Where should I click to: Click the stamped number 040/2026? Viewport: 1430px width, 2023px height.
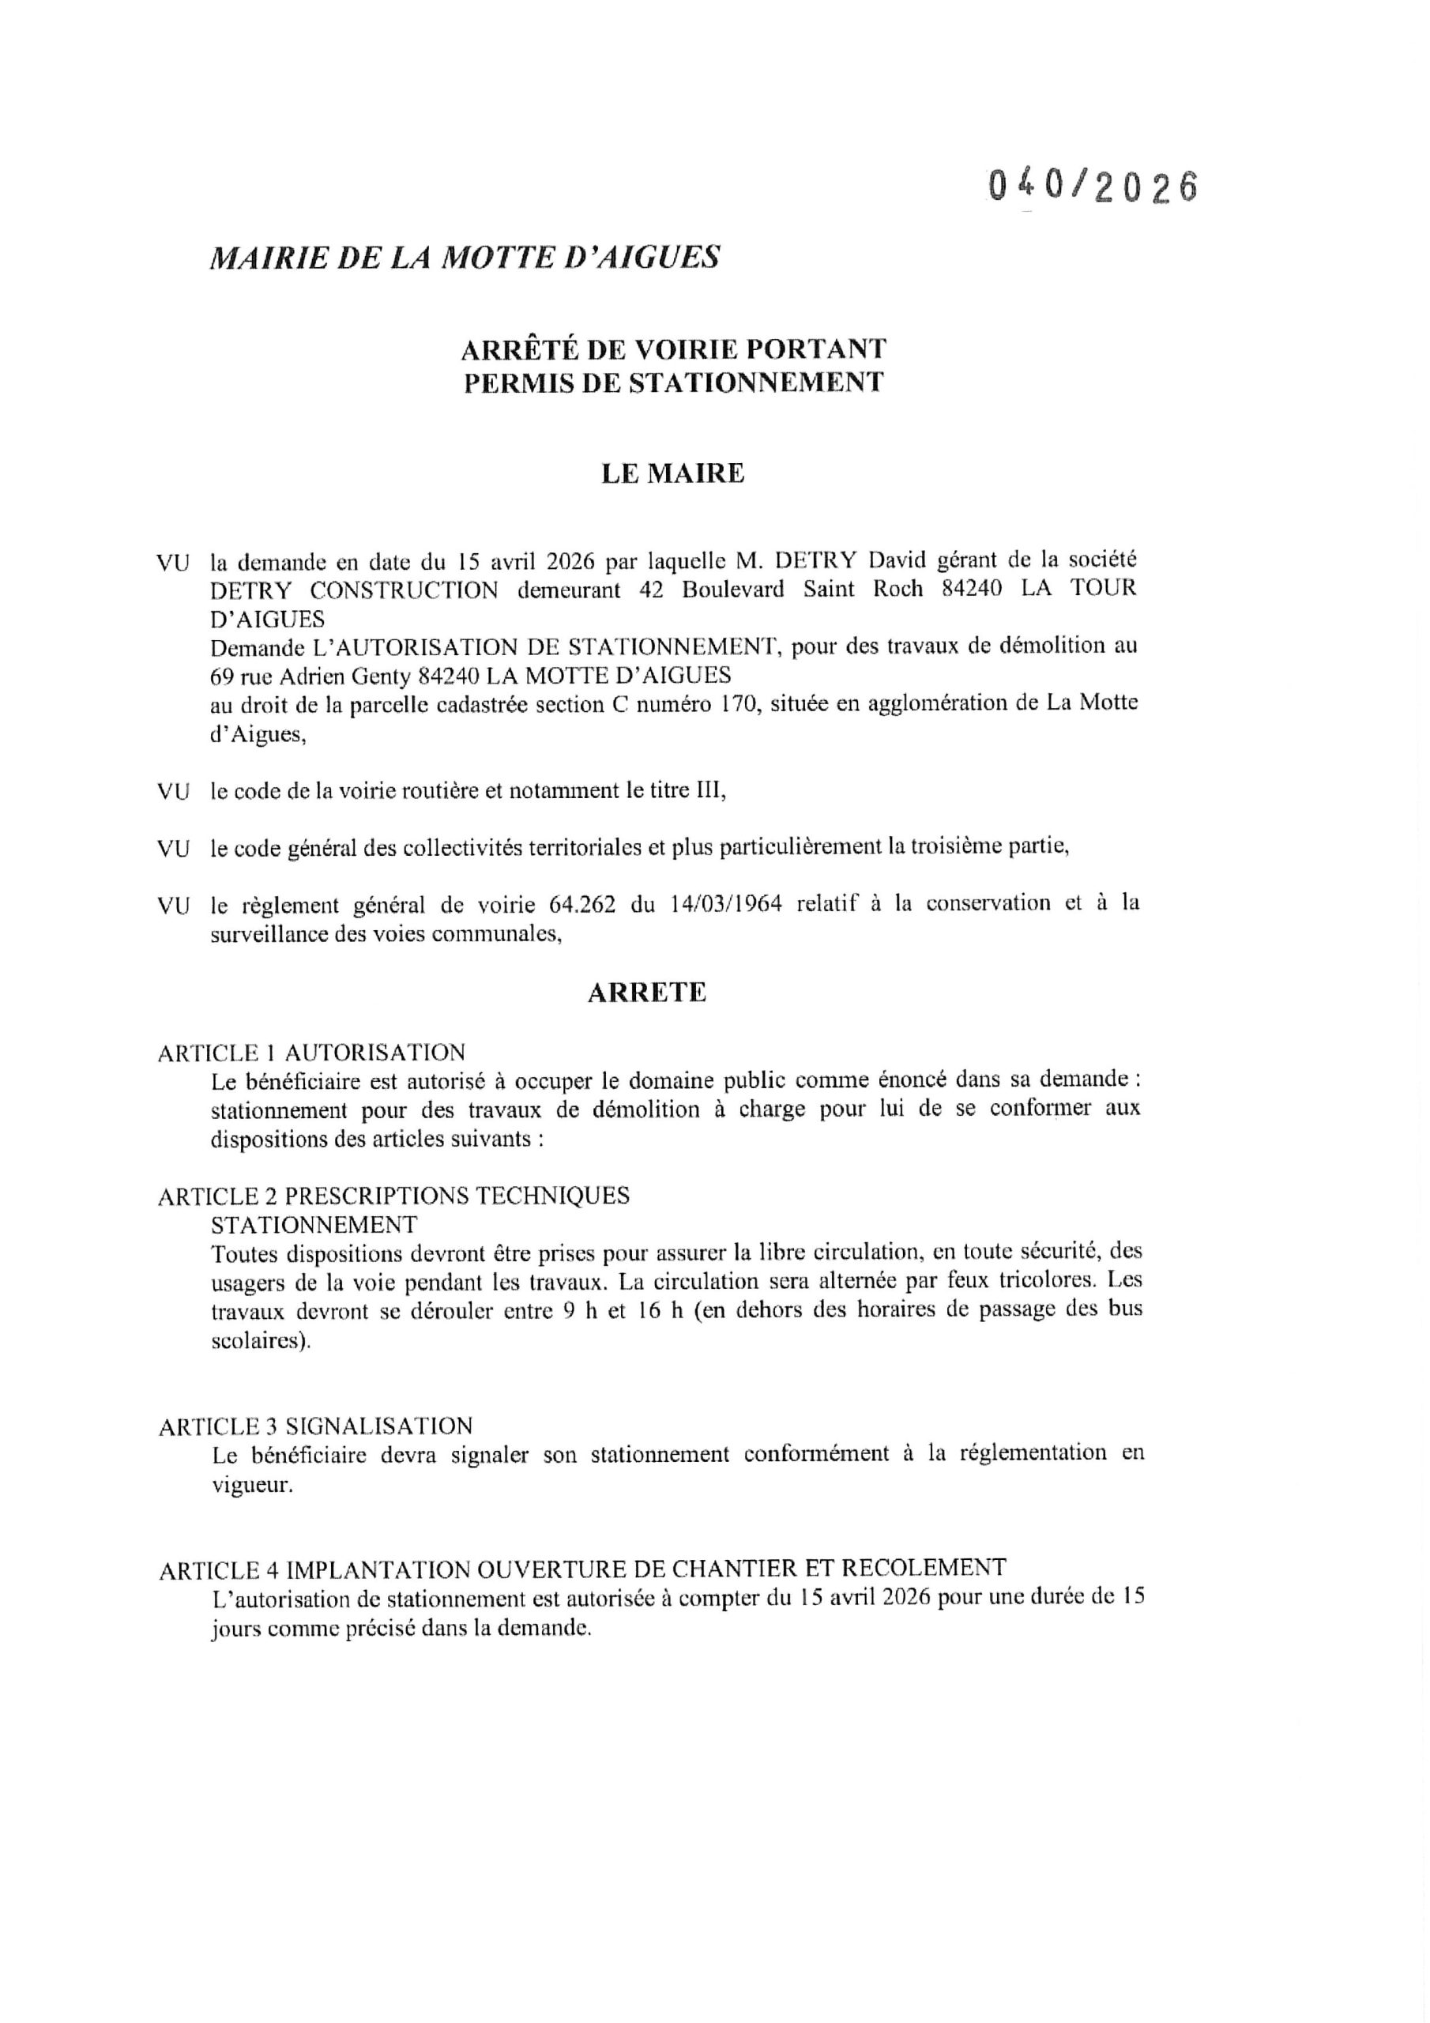click(1093, 186)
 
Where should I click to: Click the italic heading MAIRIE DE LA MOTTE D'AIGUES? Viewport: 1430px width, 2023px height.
click(465, 258)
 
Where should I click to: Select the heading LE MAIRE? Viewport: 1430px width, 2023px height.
click(672, 474)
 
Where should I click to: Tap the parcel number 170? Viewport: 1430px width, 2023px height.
click(741, 704)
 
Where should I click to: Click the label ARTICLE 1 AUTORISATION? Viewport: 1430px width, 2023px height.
click(311, 1052)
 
